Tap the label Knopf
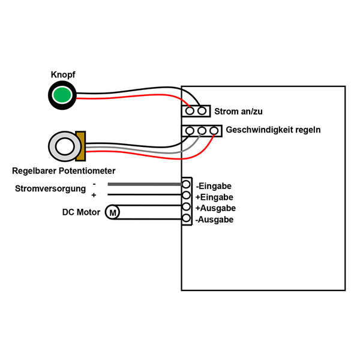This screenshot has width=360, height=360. [62, 75]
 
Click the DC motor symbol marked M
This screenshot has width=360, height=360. [113, 211]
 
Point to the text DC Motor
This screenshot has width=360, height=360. [81, 212]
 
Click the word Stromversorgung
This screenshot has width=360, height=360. [49, 189]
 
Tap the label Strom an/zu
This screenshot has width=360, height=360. [239, 111]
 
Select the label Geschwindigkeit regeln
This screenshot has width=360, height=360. [273, 130]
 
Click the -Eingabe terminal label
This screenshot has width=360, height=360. [214, 186]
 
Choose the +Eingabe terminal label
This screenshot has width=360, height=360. [214, 197]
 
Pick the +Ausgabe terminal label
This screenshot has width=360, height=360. [215, 208]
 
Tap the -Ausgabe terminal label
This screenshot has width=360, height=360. [215, 220]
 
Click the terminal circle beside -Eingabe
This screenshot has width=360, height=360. [187, 185]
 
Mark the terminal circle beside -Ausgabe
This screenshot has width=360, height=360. [187, 220]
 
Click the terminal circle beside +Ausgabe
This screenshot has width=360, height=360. [187, 208]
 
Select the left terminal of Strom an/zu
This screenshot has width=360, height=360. [190, 111]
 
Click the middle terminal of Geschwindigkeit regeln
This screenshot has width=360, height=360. [202, 130]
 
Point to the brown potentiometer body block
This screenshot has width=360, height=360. [80, 146]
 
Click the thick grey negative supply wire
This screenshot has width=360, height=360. [144, 184]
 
